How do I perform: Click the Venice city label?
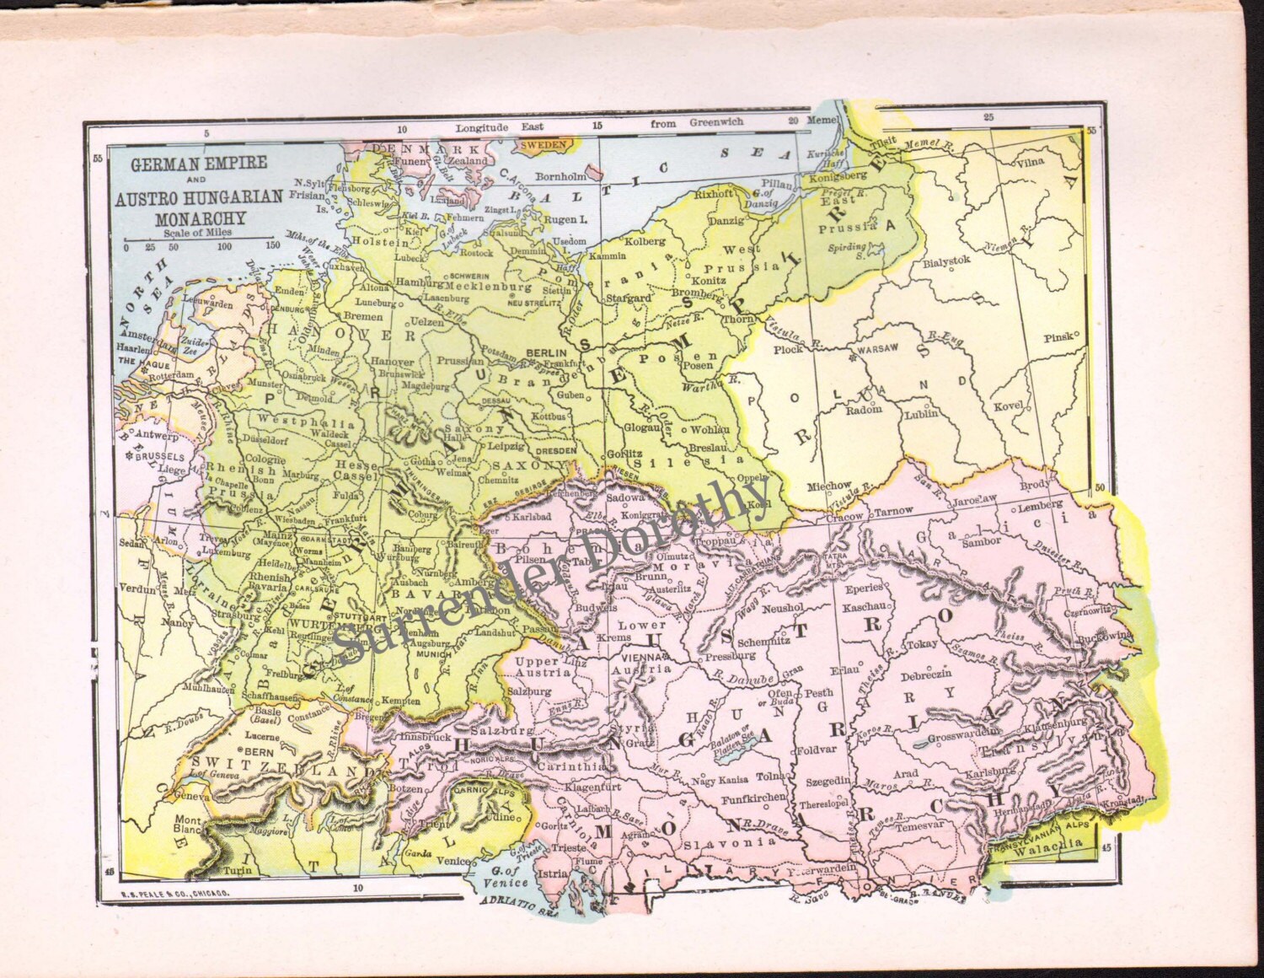[x=453, y=861]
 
